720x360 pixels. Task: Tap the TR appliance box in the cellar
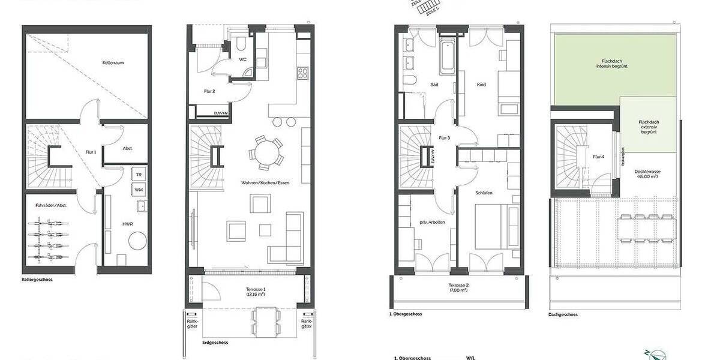click(139, 174)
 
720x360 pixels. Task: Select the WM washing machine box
click(139, 190)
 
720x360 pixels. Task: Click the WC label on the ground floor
click(243, 59)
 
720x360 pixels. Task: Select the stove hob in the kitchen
click(302, 74)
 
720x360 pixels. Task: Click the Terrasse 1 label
click(256, 292)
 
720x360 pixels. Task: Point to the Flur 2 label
click(209, 91)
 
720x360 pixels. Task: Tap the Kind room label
click(481, 85)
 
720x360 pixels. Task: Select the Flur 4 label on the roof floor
click(598, 157)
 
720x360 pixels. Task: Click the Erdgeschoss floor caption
click(214, 343)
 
